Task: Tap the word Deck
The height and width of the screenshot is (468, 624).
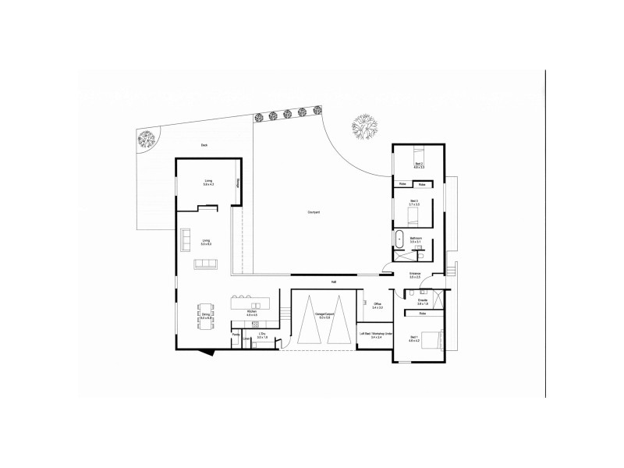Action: pyautogui.click(x=204, y=145)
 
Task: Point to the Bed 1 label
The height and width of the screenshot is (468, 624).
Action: pyautogui.click(x=414, y=339)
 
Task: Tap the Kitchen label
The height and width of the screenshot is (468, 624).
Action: pyautogui.click(x=252, y=312)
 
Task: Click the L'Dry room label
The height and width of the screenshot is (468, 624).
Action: pyautogui.click(x=262, y=335)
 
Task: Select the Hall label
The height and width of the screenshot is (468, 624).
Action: pyautogui.click(x=334, y=281)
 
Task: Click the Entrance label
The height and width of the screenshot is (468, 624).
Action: pyautogui.click(x=415, y=275)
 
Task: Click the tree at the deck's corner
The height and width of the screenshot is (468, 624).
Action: pyautogui.click(x=147, y=140)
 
